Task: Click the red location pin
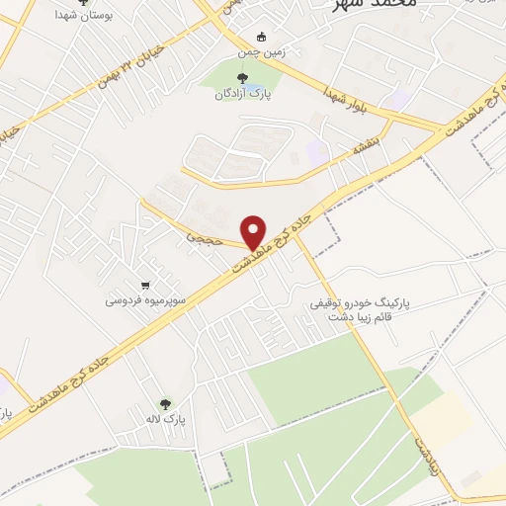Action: pyautogui.click(x=254, y=231)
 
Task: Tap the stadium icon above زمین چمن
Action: pyautogui.click(x=261, y=37)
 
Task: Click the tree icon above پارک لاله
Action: pyautogui.click(x=164, y=403)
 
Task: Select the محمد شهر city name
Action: pyautogui.click(x=364, y=5)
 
